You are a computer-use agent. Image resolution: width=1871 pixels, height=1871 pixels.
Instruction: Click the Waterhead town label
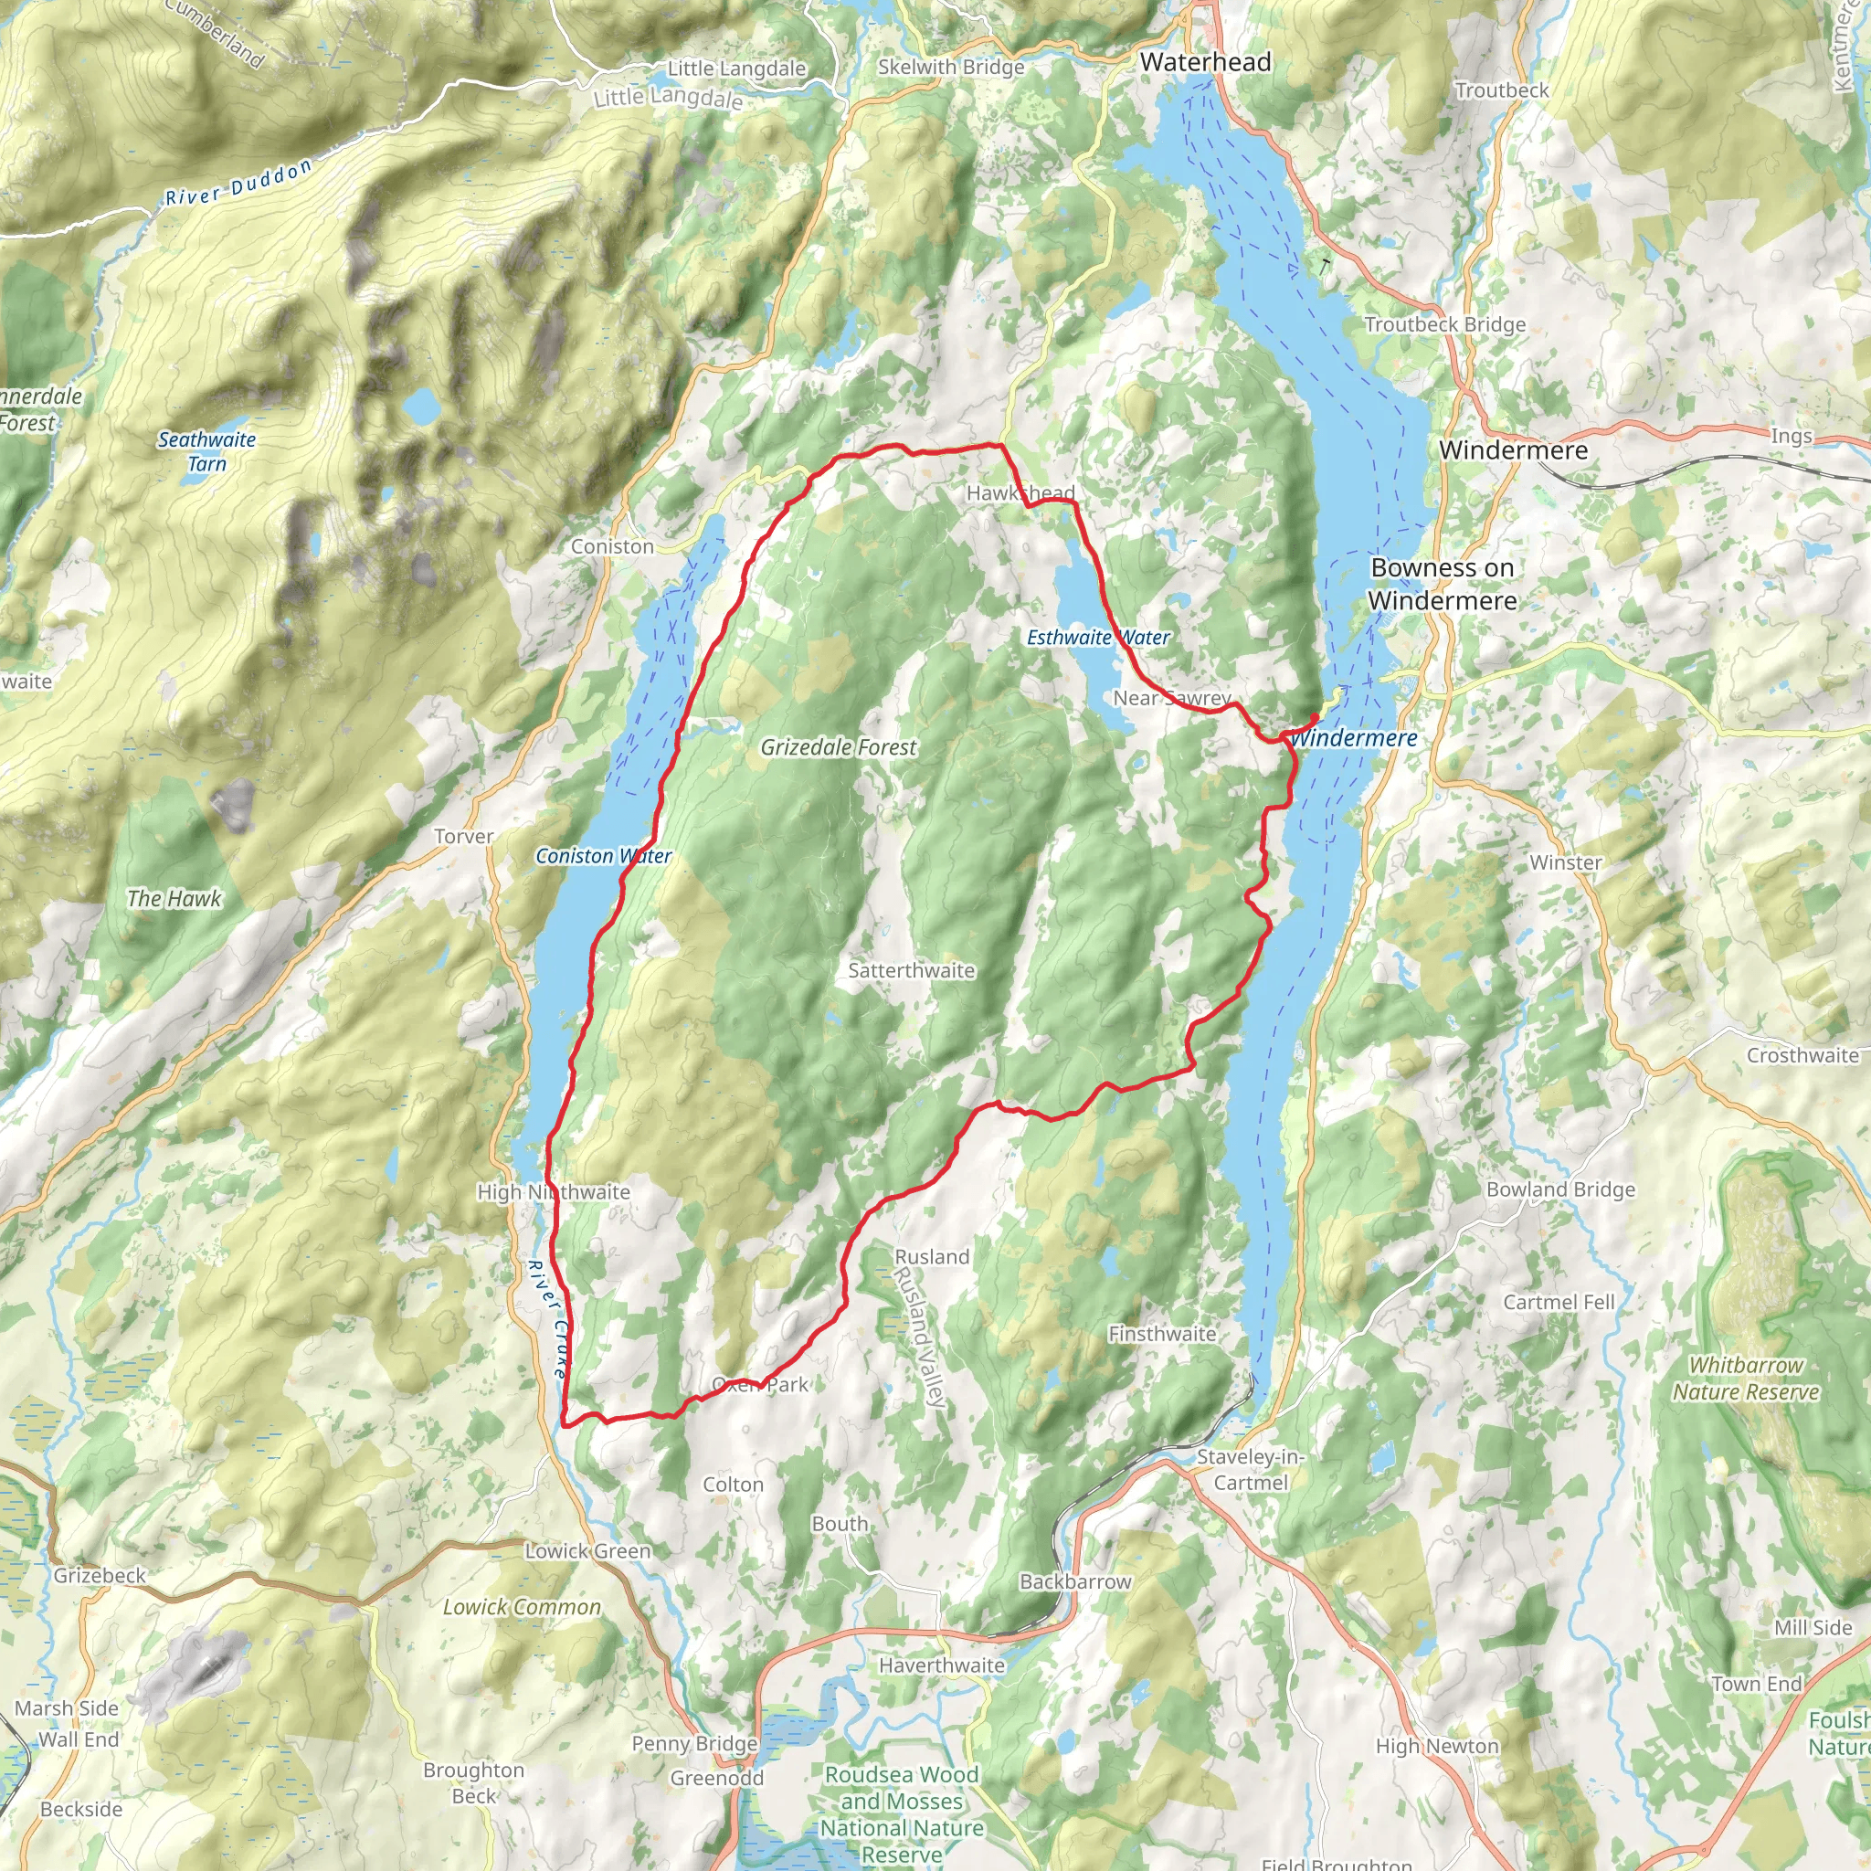tap(1205, 62)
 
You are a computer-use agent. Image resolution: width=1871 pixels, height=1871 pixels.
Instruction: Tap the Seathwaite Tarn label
tap(206, 451)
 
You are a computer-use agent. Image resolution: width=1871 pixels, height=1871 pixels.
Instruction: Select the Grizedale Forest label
tap(838, 746)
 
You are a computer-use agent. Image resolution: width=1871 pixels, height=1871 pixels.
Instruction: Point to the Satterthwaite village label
tap(911, 970)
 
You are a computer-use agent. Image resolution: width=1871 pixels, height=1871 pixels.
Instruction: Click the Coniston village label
tap(612, 546)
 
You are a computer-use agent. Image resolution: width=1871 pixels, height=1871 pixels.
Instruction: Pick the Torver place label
tap(463, 836)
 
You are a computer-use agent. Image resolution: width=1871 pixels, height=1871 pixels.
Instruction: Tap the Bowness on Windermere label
tap(1442, 584)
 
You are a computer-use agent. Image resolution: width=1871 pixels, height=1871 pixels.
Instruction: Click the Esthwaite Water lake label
tap(1098, 638)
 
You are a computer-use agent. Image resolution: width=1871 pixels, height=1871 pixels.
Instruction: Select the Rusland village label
tap(932, 1256)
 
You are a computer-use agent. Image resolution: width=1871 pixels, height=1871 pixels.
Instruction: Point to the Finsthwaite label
tap(1162, 1334)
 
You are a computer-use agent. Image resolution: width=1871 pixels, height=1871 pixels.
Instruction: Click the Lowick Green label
tap(587, 1550)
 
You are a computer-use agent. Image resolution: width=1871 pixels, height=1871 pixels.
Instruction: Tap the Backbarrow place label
tap(1075, 1581)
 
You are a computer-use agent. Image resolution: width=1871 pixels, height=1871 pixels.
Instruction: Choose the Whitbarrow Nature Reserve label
tap(1745, 1378)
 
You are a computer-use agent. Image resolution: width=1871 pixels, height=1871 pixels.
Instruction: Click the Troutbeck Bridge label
tap(1444, 324)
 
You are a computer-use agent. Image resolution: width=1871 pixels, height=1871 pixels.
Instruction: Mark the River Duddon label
tap(238, 183)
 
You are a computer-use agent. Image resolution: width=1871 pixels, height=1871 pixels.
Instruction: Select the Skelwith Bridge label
tap(950, 67)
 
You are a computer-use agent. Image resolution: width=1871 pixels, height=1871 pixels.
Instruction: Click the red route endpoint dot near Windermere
tap(1314, 716)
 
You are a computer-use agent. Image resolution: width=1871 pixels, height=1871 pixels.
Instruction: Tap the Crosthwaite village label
tap(1802, 1055)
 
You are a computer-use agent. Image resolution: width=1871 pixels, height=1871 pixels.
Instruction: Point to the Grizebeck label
tap(99, 1576)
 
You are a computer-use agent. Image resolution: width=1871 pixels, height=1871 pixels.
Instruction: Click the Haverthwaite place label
tap(941, 1665)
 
